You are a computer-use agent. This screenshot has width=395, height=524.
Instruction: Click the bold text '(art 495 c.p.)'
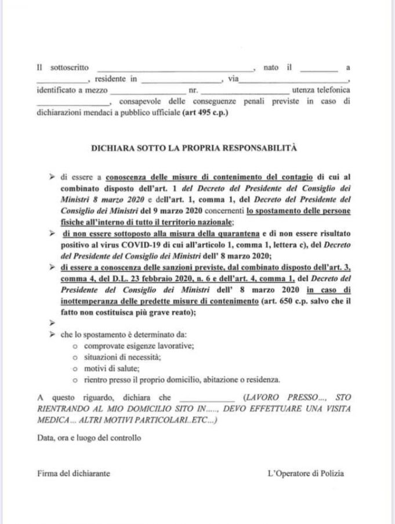click(205, 112)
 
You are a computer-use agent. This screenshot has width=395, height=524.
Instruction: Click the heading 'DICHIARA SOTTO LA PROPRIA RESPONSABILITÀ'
click(194, 148)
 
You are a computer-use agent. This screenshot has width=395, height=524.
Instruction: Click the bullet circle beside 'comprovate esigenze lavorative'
click(76, 346)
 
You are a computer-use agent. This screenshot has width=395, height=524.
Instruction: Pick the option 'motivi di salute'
click(111, 368)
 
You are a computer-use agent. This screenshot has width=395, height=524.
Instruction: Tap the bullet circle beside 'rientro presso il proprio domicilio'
click(76, 380)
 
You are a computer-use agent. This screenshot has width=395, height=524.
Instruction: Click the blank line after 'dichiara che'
click(207, 400)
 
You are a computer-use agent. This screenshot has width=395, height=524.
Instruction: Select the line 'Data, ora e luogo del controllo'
click(89, 438)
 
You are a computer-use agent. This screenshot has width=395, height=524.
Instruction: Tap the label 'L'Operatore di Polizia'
click(306, 473)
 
